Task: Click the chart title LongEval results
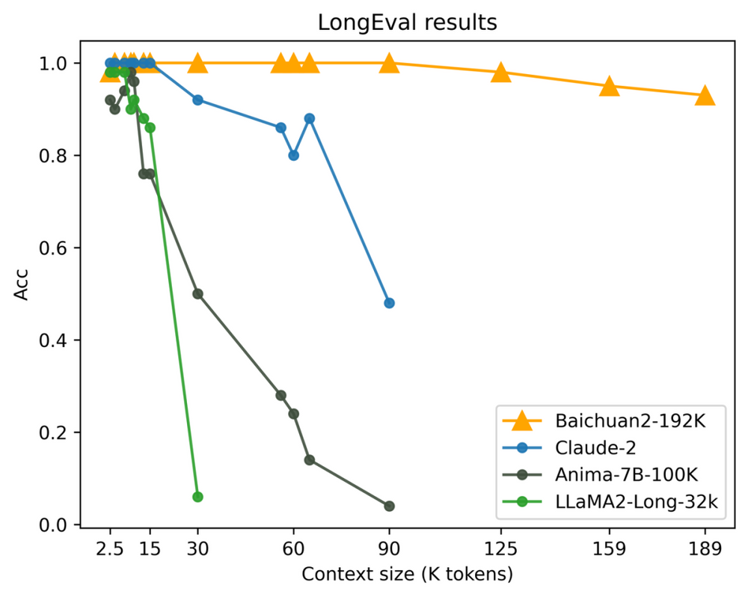[x=407, y=22]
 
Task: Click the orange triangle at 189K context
[x=705, y=95]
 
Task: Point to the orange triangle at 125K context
[x=501, y=73]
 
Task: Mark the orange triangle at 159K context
[x=610, y=86]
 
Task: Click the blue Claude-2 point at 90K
[x=389, y=303]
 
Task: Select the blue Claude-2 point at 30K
[x=197, y=99]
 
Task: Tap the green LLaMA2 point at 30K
[x=197, y=497]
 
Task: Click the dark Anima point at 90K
[x=389, y=506]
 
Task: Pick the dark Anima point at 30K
[x=197, y=294]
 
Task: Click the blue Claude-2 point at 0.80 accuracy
[x=293, y=155]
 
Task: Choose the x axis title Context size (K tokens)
[x=407, y=575]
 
